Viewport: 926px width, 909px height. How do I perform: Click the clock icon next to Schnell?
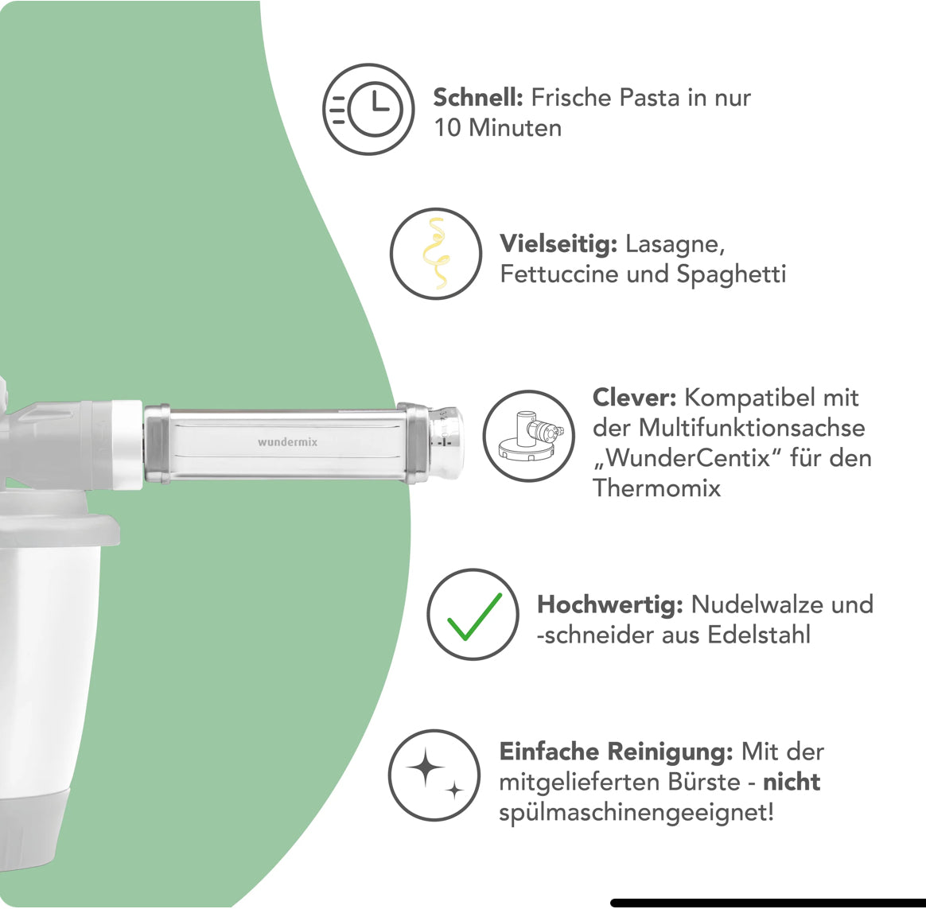368,109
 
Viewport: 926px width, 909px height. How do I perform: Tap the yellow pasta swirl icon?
436,254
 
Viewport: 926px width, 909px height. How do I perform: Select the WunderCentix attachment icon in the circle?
528,436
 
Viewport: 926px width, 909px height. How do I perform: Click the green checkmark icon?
474,616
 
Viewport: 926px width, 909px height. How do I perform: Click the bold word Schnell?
478,97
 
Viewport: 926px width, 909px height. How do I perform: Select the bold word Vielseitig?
558,243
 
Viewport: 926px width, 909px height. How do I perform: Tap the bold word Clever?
634,398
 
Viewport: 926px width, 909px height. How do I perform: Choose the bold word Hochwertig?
610,604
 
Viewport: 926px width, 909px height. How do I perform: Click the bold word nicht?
792,782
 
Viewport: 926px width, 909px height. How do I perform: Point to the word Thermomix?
656,488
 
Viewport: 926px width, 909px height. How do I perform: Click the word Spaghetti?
731,274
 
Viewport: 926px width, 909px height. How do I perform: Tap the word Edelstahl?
759,635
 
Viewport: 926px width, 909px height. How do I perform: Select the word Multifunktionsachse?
752,427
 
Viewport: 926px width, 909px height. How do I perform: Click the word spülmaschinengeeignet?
636,812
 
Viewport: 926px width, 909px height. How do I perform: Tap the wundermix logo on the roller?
288,441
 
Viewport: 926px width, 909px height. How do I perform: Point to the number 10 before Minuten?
447,127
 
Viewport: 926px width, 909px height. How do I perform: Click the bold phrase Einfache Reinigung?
616,752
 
